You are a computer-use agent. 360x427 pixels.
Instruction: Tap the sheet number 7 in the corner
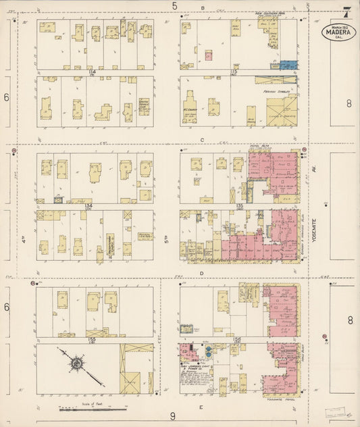(x=346, y=11)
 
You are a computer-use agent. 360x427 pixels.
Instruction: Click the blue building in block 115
(x=288, y=65)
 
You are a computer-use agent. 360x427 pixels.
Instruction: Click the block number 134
(x=88, y=205)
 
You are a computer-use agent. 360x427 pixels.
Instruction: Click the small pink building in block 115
(x=209, y=55)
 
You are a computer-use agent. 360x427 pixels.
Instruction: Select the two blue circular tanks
(x=208, y=351)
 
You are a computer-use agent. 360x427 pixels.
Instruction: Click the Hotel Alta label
(x=259, y=147)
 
